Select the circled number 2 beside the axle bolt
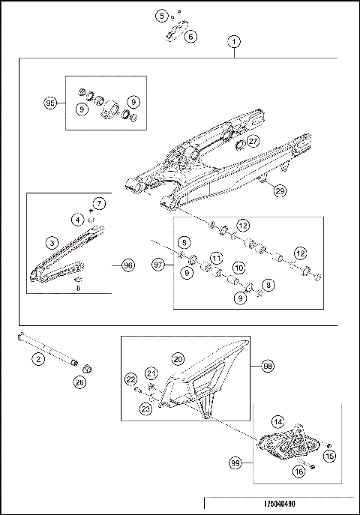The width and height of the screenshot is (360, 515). (35, 359)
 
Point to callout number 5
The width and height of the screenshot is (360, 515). (161, 15)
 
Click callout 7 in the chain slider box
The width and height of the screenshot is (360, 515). (99, 203)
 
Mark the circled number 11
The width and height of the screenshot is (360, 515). (216, 258)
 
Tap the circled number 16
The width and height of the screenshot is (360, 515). (298, 472)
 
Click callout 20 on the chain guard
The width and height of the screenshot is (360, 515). (178, 358)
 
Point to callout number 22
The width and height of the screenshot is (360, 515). (130, 380)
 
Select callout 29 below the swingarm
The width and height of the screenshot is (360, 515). (280, 190)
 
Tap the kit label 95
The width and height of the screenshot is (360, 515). (51, 103)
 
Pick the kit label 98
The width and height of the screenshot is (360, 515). (267, 366)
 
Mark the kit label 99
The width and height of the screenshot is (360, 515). (235, 466)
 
